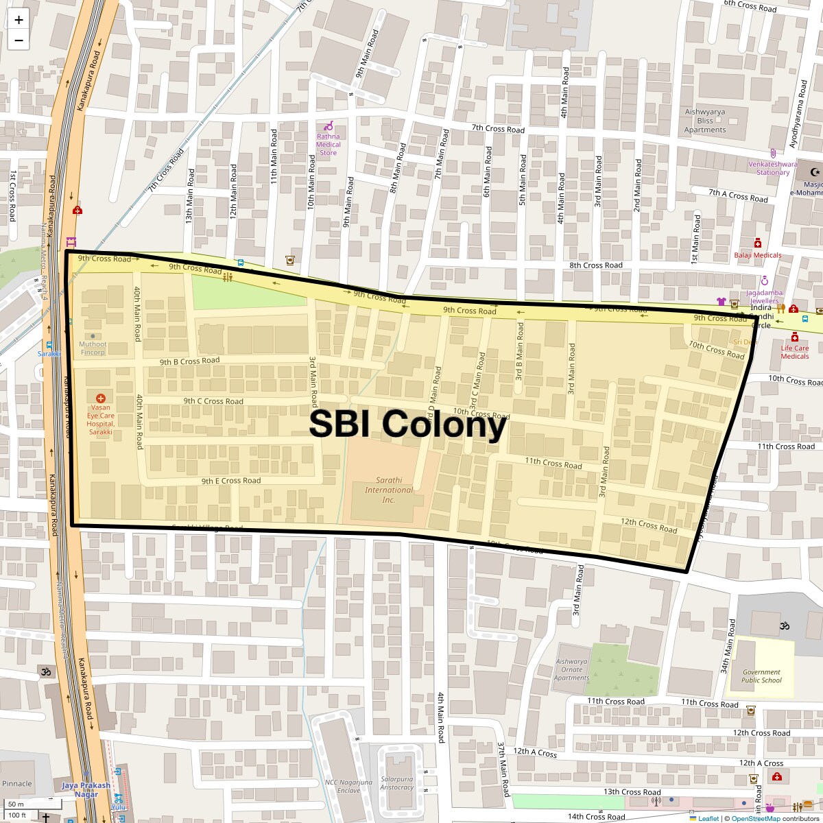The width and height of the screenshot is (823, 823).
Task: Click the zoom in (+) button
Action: tap(19, 20)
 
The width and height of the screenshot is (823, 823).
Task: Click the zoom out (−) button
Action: tap(19, 40)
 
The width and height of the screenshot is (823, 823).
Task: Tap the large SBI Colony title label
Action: tap(407, 425)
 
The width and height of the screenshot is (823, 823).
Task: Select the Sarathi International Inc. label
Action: tap(389, 490)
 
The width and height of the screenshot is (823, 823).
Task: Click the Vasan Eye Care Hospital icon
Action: tap(101, 398)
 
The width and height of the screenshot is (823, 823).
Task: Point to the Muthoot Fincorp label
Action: tap(93, 348)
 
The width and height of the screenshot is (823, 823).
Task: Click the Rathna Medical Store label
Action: tap(329, 144)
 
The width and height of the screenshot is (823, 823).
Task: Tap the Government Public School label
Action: tap(761, 676)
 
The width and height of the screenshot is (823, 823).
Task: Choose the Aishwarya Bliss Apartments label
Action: tap(704, 121)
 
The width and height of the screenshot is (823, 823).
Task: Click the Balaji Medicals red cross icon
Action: tap(757, 243)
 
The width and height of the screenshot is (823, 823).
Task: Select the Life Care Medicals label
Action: tap(795, 352)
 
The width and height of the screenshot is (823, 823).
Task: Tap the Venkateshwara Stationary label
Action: tap(772, 168)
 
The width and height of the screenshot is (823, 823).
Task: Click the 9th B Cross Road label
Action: tap(189, 361)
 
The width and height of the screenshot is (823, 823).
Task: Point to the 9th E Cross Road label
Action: tap(230, 481)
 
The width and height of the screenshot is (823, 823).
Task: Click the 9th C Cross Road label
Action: tap(213, 401)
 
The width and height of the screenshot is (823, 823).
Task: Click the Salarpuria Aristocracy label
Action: tap(398, 783)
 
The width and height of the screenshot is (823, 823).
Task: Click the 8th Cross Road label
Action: tap(595, 265)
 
